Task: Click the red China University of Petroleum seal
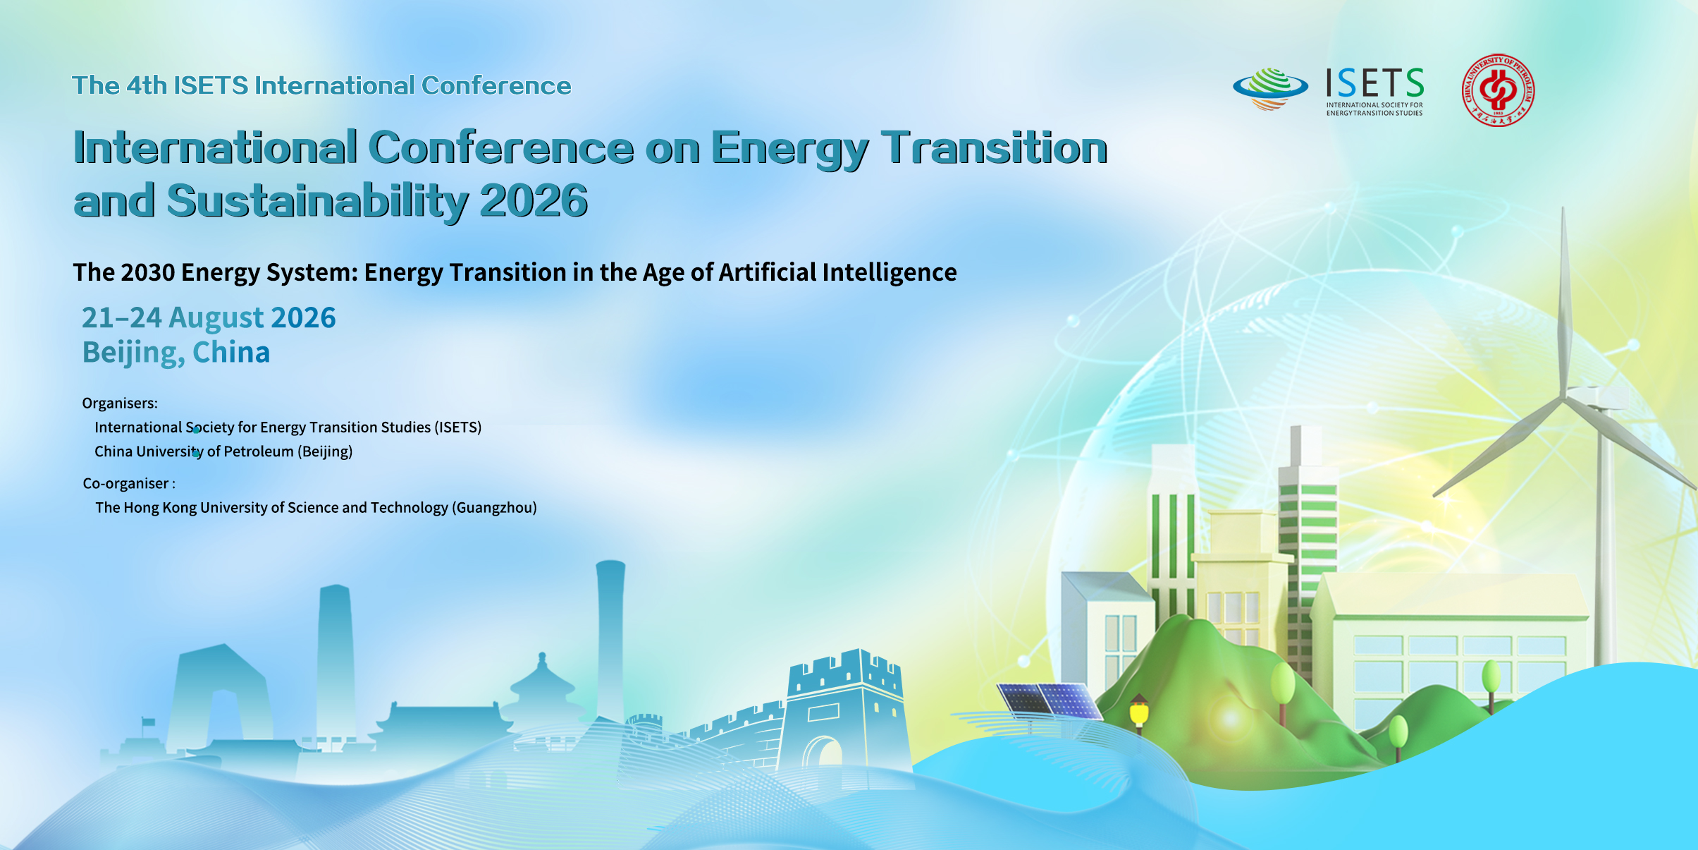[1498, 90]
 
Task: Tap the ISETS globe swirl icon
[1270, 88]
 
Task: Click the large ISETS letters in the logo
[1374, 83]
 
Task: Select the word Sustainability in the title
[317, 202]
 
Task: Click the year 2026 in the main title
[534, 201]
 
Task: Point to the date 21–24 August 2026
[209, 317]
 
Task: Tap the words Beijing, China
[176, 353]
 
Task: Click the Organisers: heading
[120, 403]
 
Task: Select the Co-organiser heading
[129, 484]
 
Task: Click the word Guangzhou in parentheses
[494, 508]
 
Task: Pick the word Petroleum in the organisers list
[259, 451]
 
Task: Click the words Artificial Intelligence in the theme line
[837, 272]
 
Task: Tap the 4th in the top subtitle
[147, 85]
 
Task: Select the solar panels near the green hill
[1050, 700]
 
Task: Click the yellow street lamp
[1139, 712]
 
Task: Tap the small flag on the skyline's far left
[148, 722]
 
